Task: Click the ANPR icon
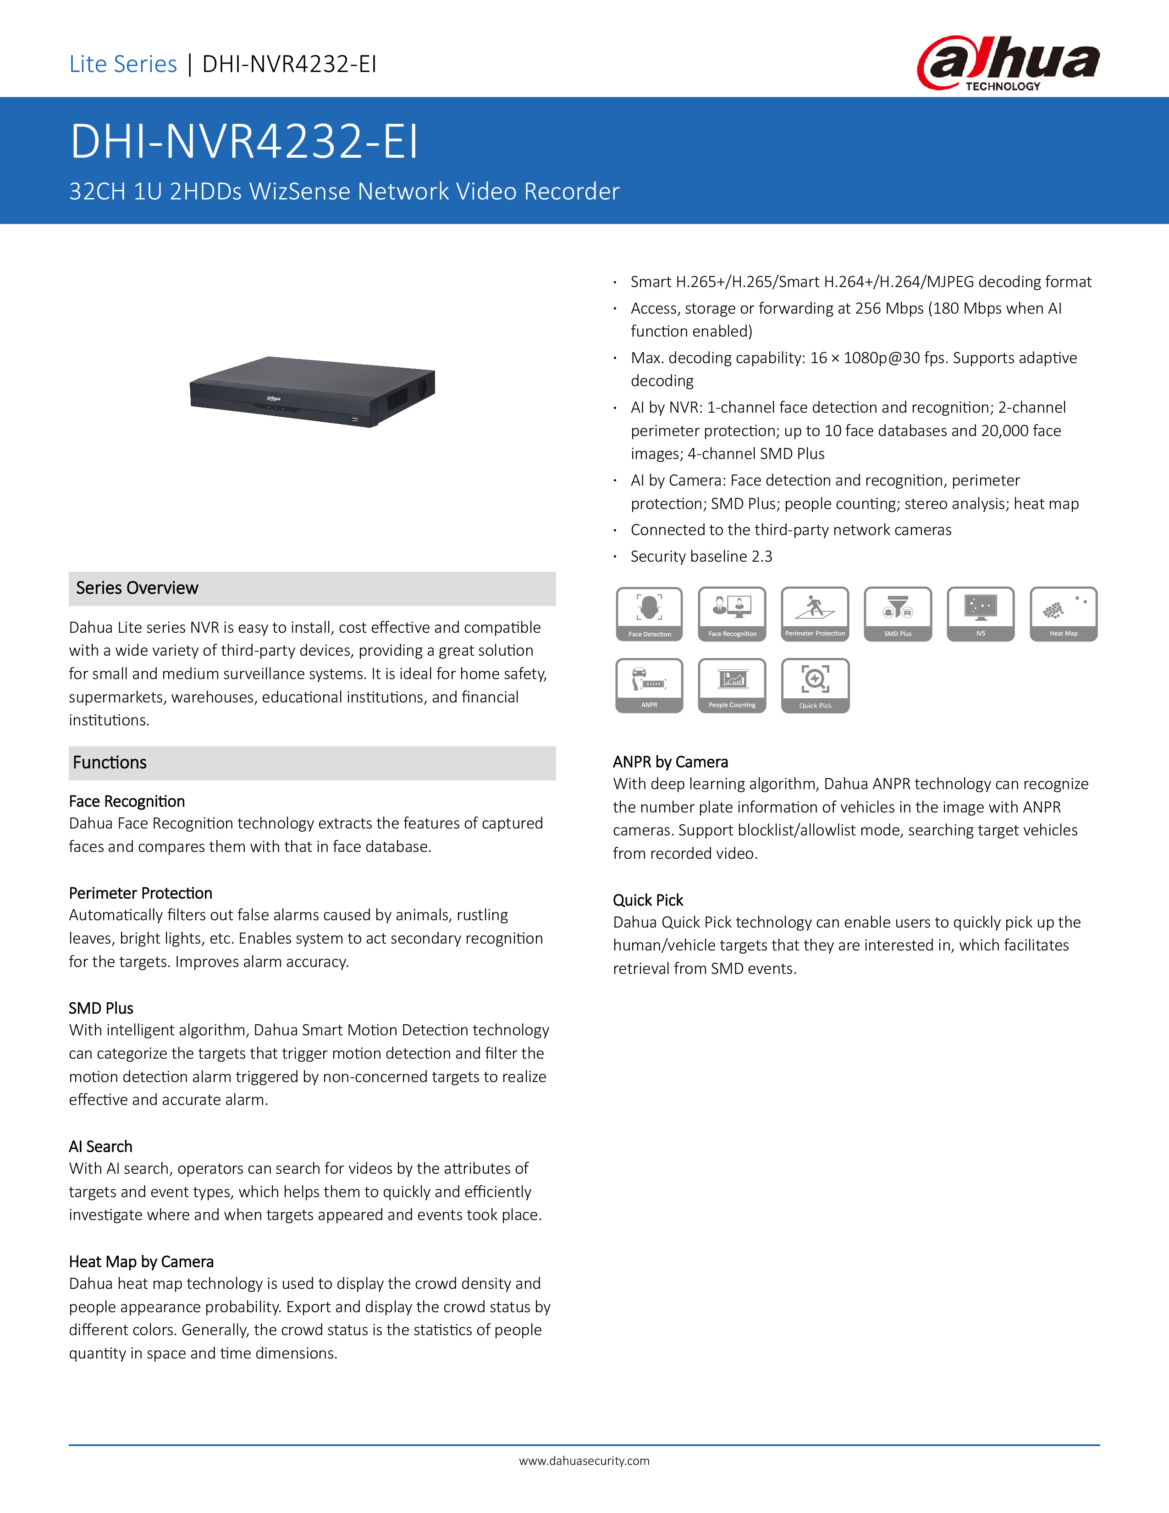[649, 685]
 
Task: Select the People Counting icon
[732, 685]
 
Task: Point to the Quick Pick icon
[815, 685]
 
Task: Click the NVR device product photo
[312, 392]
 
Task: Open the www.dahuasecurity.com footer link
[584, 1460]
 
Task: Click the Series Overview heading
[137, 588]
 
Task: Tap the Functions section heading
[110, 763]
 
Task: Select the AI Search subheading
[100, 1147]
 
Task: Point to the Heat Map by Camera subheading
[141, 1262]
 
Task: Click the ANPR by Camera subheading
[670, 762]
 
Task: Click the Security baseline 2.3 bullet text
[701, 556]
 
